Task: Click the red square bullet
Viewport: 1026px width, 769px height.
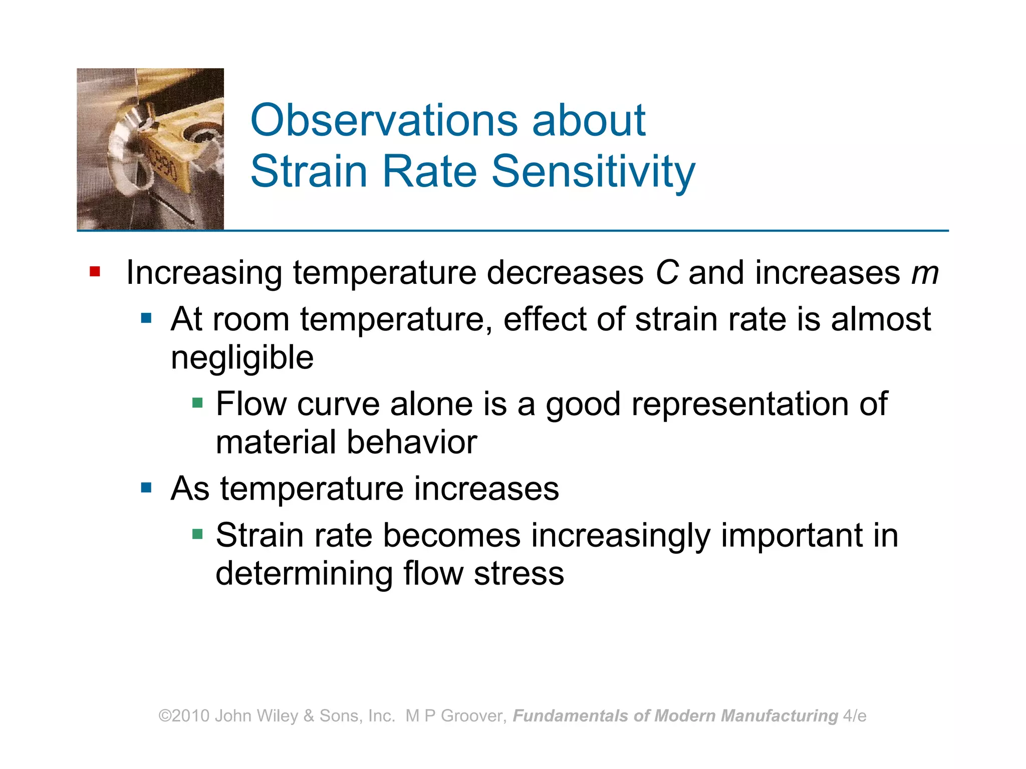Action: tap(95, 272)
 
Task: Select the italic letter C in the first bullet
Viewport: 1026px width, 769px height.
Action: tap(666, 273)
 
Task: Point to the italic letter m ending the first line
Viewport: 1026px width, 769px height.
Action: tap(924, 274)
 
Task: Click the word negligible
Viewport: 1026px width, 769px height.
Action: tap(242, 358)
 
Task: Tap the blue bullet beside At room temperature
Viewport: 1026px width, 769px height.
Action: tap(146, 318)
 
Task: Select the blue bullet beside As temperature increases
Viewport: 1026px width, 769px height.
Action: tap(146, 488)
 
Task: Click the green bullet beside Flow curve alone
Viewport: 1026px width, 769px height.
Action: tap(197, 403)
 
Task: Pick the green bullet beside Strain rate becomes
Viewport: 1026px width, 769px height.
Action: tap(197, 534)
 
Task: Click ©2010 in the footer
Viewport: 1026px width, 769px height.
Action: tap(184, 716)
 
